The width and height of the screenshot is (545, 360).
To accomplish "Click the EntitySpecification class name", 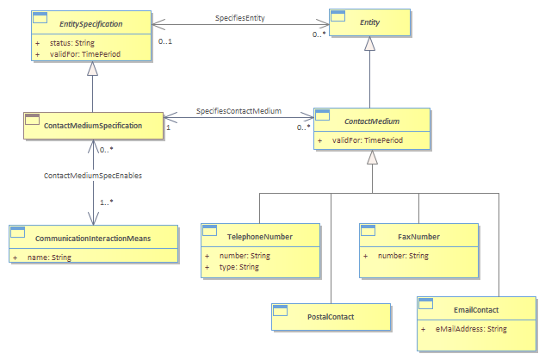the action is (90, 24).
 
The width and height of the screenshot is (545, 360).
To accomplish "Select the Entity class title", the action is (369, 22).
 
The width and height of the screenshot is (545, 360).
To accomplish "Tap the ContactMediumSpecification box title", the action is (93, 126).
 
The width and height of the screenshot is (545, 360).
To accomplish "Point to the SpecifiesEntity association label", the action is (240, 18).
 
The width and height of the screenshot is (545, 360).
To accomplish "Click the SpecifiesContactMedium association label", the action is (238, 111).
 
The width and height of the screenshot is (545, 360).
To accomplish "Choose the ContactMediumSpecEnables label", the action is (93, 176).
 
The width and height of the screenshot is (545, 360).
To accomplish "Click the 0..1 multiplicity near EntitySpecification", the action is (165, 41).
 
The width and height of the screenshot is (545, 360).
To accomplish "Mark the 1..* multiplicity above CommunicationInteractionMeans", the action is (107, 202).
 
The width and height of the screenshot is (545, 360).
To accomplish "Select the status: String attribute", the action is (72, 43).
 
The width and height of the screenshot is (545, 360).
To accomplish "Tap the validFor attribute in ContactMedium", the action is (368, 140).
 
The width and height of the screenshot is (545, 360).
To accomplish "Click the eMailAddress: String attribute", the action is (471, 329).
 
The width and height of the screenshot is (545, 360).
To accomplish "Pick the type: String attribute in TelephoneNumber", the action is (239, 267).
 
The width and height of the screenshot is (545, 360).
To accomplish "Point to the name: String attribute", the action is (49, 258).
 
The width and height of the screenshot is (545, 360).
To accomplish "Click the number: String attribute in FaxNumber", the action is (403, 256).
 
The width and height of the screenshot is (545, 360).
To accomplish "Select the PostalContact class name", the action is (331, 317).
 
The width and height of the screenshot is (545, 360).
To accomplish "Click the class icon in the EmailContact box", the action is (426, 303).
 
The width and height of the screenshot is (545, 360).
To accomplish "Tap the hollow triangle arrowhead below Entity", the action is (369, 43).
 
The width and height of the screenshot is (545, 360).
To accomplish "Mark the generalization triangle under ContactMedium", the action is (372, 157).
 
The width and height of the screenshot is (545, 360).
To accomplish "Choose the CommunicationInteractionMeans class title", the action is (93, 239).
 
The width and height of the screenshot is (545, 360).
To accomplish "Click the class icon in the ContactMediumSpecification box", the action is (33, 120).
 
